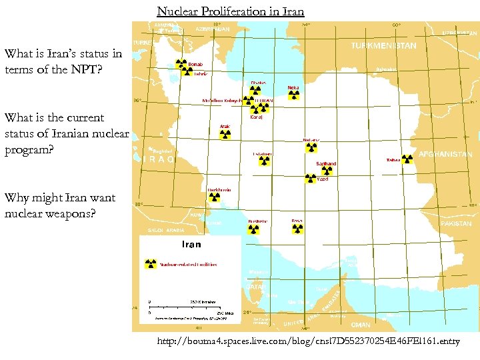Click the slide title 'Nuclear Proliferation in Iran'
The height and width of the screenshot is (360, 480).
(230, 11)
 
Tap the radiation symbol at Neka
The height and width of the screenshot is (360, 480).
(294, 95)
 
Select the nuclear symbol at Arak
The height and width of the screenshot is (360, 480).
(225, 134)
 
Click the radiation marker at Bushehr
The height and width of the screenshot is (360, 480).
(253, 229)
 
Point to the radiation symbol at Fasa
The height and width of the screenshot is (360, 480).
(297, 229)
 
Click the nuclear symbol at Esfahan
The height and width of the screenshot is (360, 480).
(264, 161)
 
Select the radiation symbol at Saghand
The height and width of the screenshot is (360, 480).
(327, 171)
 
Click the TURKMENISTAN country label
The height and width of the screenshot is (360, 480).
(383, 46)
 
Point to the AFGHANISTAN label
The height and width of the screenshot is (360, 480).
(445, 154)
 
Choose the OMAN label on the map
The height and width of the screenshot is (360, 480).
(361, 325)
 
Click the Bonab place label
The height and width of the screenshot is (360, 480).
(196, 65)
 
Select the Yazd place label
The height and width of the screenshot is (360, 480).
(323, 179)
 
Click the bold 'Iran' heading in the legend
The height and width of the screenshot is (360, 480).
(187, 245)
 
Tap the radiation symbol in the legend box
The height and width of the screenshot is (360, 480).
(151, 264)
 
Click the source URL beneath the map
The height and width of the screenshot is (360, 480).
(308, 341)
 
